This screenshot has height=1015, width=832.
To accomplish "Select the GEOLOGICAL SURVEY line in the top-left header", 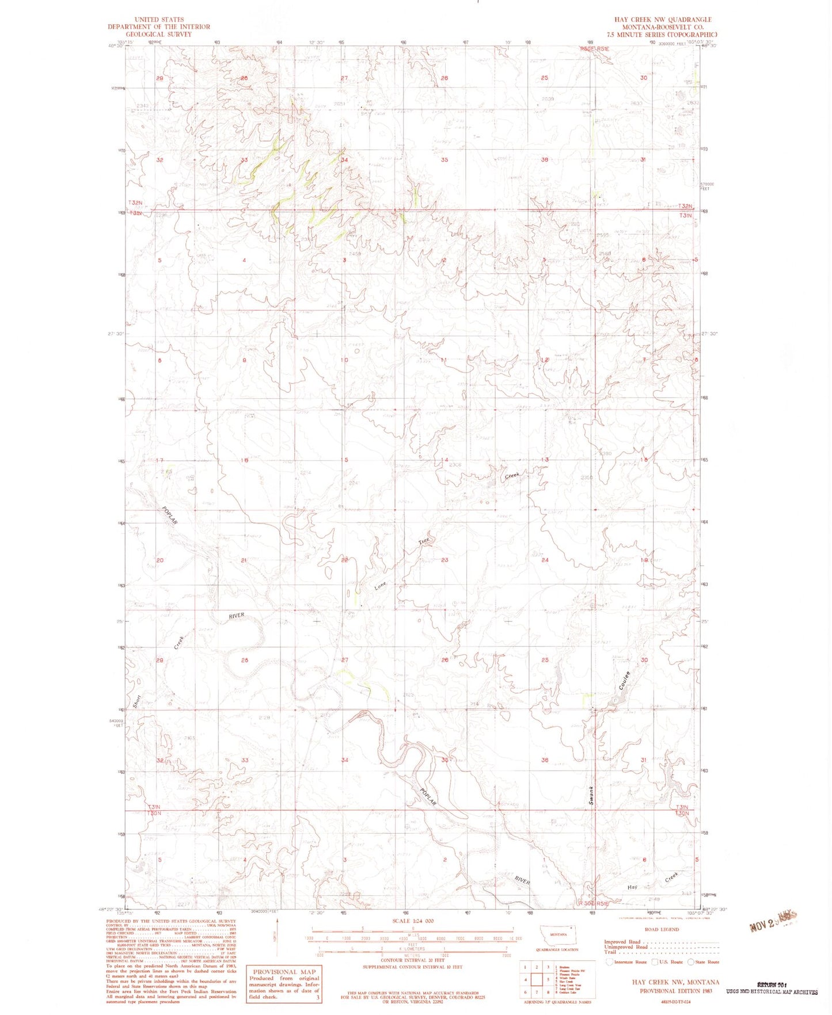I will click(159, 34).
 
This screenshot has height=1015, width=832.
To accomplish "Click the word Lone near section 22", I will click(381, 587).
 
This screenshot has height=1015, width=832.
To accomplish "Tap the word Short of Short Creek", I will click(136, 701).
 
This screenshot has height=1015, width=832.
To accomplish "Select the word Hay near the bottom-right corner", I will click(632, 887).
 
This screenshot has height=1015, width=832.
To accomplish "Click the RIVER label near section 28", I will click(237, 616).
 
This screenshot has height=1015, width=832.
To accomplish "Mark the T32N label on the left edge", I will click(135, 203).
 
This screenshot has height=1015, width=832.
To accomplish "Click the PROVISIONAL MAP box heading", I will click(283, 972).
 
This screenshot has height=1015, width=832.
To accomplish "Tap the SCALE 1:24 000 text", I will click(412, 921).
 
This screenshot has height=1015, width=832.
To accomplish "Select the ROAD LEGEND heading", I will click(662, 929).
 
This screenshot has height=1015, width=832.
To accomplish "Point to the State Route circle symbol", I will click(690, 962).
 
